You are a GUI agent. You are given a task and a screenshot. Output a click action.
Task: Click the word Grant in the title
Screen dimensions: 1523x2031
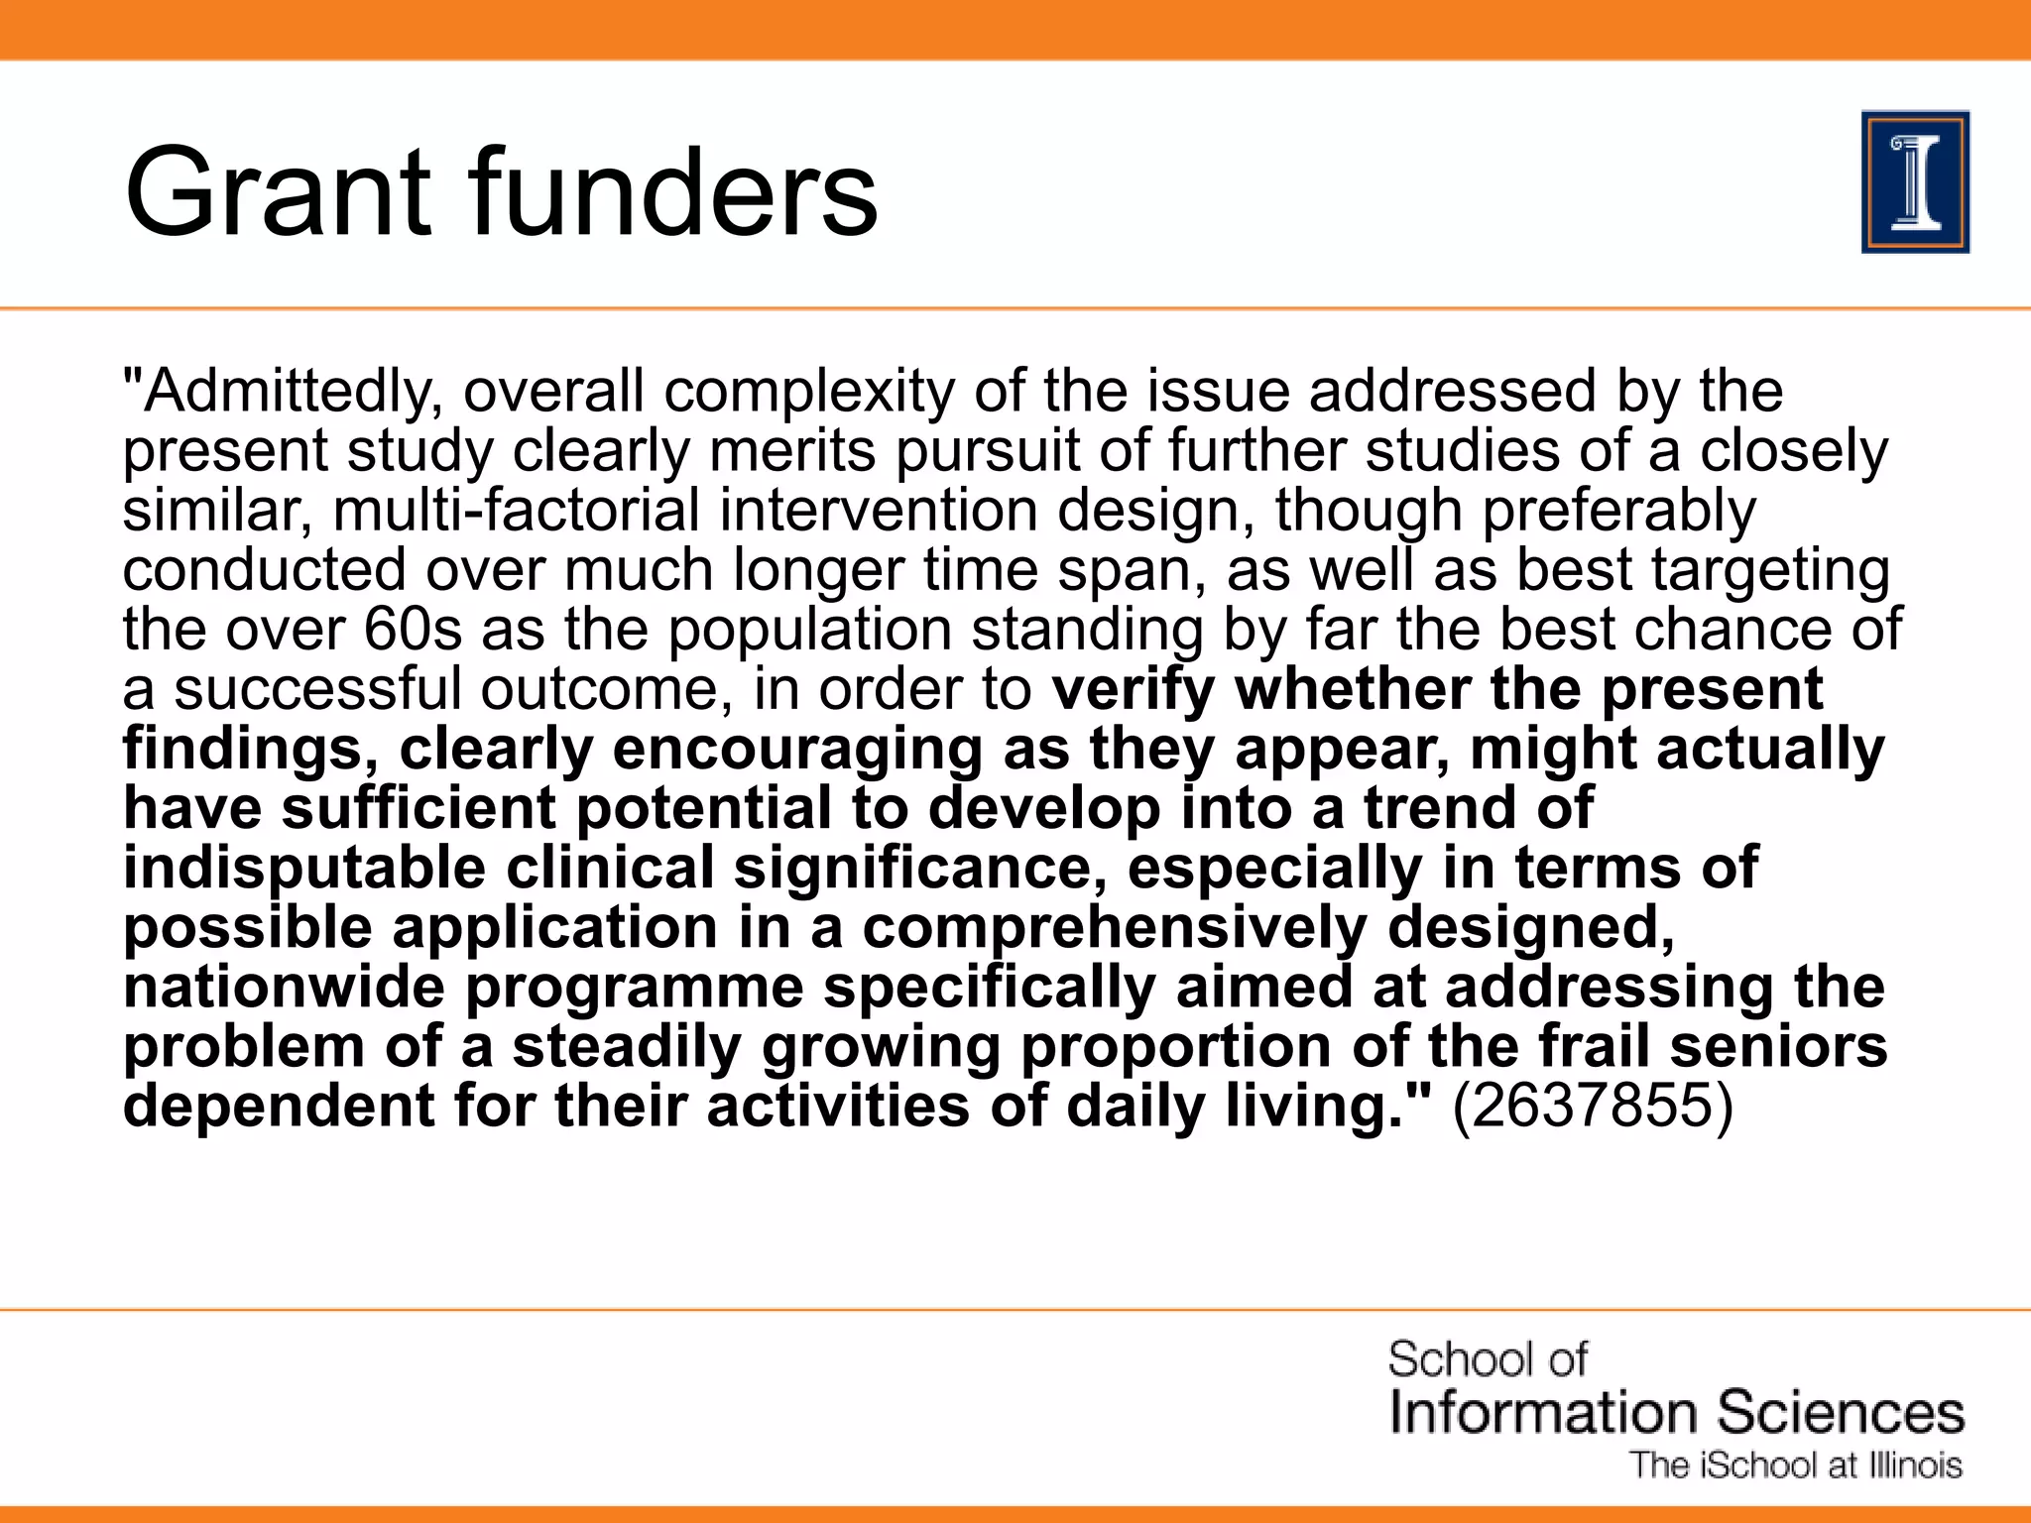[x=279, y=192]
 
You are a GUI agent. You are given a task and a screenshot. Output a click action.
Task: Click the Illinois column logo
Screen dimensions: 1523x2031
[x=1915, y=182]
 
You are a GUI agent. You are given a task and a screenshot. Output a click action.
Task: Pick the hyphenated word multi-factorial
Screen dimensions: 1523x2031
[x=517, y=511]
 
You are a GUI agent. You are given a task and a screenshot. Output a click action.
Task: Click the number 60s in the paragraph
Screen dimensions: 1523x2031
[x=413, y=630]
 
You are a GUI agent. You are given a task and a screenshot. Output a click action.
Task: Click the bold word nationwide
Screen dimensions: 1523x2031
[x=284, y=988]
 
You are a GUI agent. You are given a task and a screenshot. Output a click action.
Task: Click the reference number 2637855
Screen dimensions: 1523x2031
[x=1593, y=1107]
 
